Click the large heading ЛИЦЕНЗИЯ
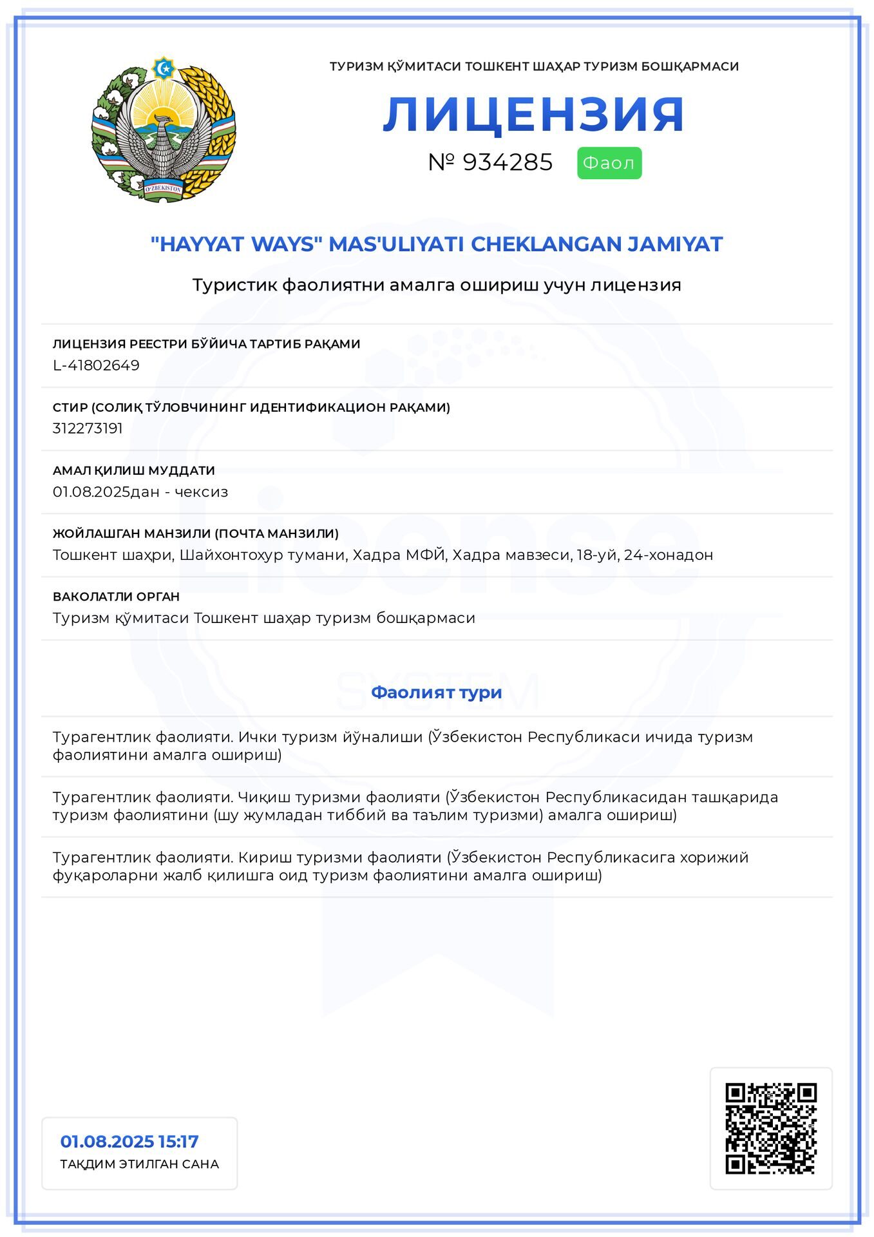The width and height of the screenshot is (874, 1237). point(533,115)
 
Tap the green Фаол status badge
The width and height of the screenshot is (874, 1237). point(609,163)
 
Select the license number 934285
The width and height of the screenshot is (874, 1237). point(507,162)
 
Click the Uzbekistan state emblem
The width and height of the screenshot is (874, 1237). point(164,129)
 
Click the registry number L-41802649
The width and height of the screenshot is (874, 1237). point(96,365)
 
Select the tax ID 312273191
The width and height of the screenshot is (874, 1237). point(88,428)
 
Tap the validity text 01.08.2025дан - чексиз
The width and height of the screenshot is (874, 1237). point(140,492)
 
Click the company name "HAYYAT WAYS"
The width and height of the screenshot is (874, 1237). point(236,244)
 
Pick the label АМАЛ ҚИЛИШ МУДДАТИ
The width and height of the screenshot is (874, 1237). point(134,470)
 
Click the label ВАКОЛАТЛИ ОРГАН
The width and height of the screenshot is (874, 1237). point(116,597)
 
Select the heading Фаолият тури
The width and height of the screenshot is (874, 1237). point(436,693)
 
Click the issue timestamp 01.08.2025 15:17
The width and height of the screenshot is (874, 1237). point(129,1142)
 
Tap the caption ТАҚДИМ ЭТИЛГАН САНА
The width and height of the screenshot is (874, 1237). point(139,1164)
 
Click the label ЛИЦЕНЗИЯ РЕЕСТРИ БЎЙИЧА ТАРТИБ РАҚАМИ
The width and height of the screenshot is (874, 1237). point(206,344)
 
